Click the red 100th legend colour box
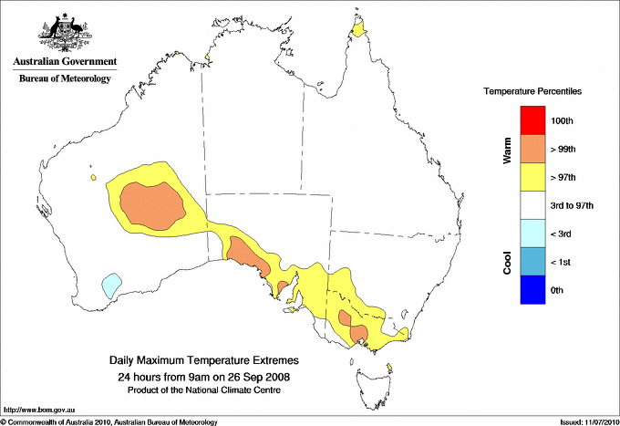coord(532,120)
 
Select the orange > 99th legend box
coord(532,149)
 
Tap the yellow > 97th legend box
coord(532,177)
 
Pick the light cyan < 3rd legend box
coord(532,234)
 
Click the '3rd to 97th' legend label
coord(573,206)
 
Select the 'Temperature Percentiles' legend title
coord(532,92)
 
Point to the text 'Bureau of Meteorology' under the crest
coord(64,79)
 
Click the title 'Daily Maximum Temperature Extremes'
coord(203,361)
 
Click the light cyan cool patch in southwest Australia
coord(111,286)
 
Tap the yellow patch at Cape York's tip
coord(359,33)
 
